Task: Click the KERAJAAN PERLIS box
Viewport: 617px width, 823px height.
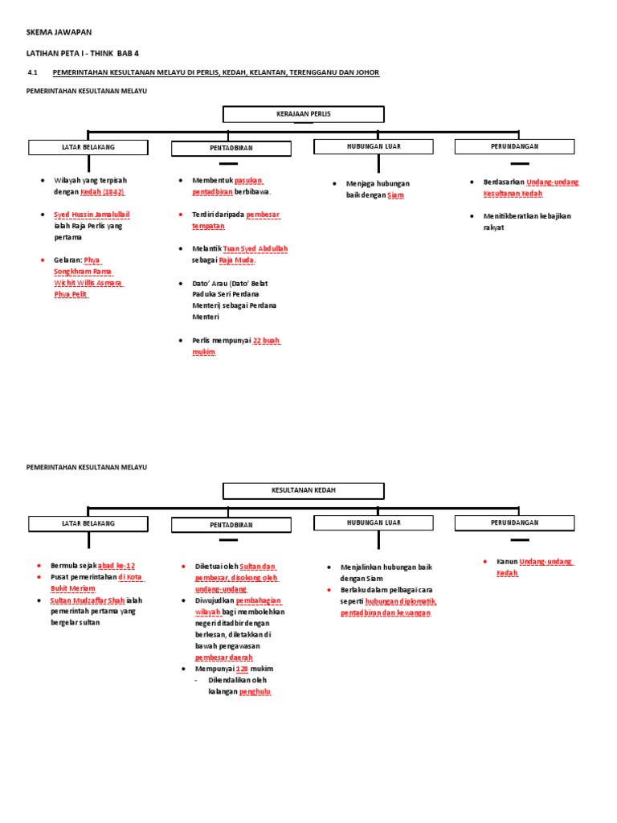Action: (x=304, y=114)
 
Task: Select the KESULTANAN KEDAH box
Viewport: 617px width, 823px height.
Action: (x=304, y=490)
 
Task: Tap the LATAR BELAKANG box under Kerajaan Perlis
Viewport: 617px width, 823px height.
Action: (x=88, y=147)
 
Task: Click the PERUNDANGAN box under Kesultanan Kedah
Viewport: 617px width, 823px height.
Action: (x=514, y=523)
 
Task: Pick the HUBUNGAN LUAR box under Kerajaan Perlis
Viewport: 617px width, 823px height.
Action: (x=373, y=146)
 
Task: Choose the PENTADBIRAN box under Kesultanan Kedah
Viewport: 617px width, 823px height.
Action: (x=231, y=525)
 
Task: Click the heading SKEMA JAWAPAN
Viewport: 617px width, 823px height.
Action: (x=59, y=31)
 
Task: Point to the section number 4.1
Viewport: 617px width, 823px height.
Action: (x=33, y=72)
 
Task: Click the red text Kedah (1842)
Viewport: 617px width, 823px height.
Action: (x=102, y=193)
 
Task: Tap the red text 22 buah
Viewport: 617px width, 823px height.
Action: (x=266, y=341)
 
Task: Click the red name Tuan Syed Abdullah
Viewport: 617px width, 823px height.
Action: (x=255, y=249)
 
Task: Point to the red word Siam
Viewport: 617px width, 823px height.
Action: (x=395, y=195)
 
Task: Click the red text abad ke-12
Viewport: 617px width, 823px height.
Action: (x=116, y=566)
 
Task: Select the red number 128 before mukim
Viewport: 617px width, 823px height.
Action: (x=242, y=669)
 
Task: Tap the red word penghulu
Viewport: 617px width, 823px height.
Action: (x=255, y=691)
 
